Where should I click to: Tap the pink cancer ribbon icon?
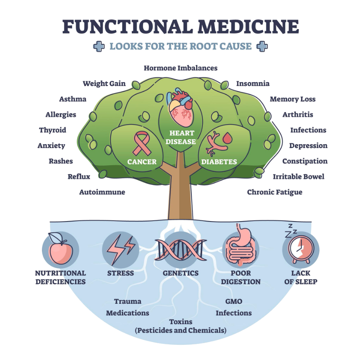click(x=141, y=144)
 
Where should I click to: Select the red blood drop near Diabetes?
click(x=227, y=138)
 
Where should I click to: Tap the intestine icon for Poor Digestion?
click(x=240, y=248)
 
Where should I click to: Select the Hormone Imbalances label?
click(x=180, y=68)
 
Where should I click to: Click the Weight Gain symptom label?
click(x=104, y=84)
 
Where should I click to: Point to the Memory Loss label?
click(x=292, y=99)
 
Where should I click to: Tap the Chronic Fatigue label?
click(x=274, y=192)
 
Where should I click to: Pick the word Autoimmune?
click(x=102, y=192)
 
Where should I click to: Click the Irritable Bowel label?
click(x=298, y=177)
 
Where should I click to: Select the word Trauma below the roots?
click(x=127, y=302)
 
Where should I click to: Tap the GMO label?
click(x=234, y=302)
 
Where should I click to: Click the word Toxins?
click(x=180, y=322)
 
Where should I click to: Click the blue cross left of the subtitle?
click(x=99, y=46)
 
